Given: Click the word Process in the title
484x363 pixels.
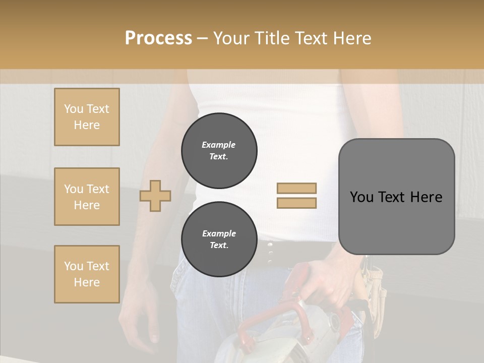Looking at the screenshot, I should coord(158,38).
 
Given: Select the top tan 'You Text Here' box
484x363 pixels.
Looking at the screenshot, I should coord(87,117).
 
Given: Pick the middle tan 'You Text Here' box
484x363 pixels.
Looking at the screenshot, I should coord(87,197).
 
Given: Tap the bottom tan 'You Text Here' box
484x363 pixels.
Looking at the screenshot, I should coord(87,274).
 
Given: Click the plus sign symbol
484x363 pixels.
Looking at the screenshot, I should coord(155,196).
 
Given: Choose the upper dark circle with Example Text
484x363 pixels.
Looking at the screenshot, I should coord(219,151).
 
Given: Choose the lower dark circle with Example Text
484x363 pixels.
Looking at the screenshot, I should coord(219,239).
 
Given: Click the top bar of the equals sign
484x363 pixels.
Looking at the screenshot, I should coord(296,188).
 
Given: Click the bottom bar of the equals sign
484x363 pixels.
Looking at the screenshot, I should coord(296,203).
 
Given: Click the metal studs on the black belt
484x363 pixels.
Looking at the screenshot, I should coord(271,253).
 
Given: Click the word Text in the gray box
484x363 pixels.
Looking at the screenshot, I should coord(395,197).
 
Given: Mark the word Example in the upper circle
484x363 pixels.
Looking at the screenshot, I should coord(218,145).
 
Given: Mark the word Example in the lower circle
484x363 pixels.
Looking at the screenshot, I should coord(219,233).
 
